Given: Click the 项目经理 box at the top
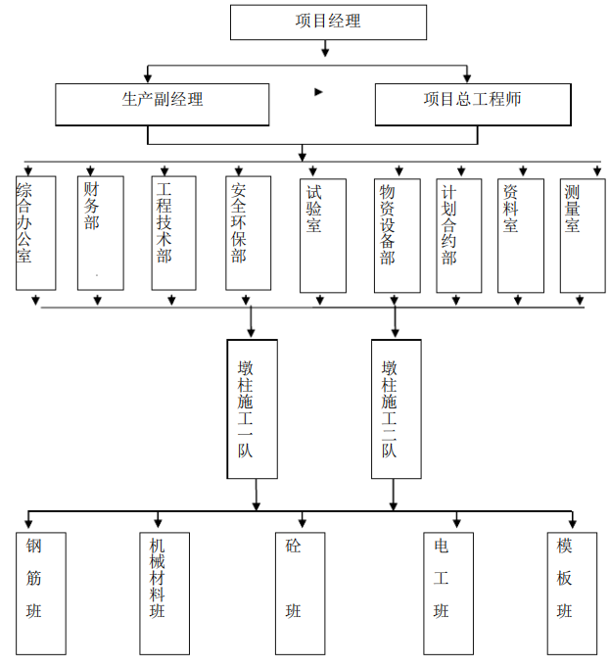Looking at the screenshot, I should pos(328,22).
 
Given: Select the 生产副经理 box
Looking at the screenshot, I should pos(162,104).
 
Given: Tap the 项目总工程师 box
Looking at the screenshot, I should pos(472,104).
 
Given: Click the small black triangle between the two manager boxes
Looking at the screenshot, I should pos(318,92).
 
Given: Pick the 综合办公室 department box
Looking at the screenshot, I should pos(35,233).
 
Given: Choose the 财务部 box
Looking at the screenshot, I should pos(100,233).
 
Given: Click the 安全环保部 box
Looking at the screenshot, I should pos(248,233).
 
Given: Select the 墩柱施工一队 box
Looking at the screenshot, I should pos(252,408).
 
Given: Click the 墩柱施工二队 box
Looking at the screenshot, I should pos(396,408).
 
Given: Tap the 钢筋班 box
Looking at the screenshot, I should pos(41,593).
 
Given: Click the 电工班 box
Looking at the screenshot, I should pos(447,593).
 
